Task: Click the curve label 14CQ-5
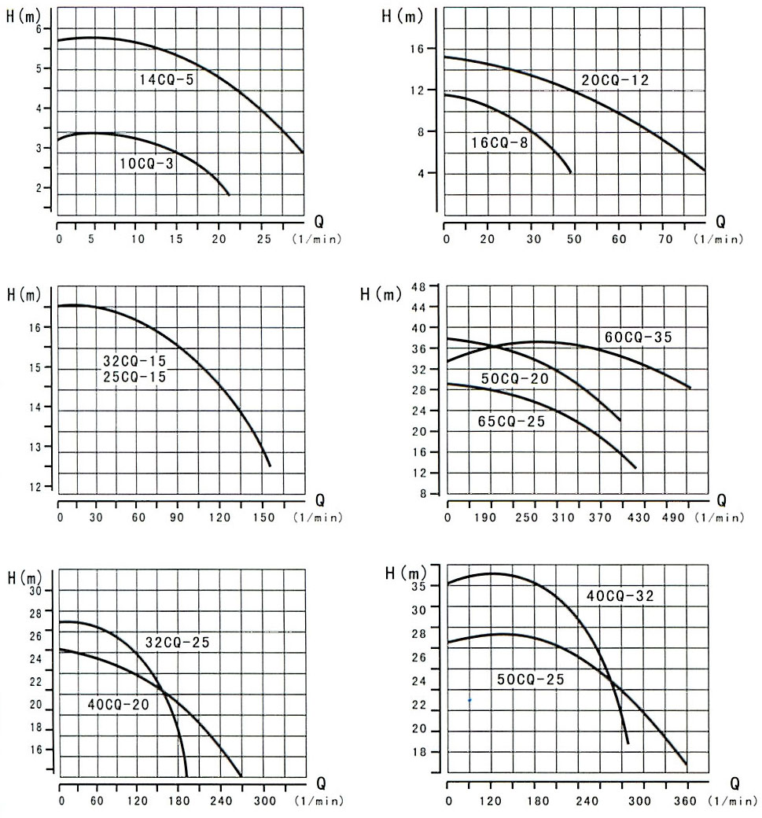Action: click(x=167, y=79)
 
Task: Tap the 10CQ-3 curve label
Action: click(x=146, y=164)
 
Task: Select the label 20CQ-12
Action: click(x=615, y=79)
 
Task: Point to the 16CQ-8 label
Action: click(x=499, y=143)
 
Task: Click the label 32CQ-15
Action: click(x=135, y=362)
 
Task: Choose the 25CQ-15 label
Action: click(x=135, y=377)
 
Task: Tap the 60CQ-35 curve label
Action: click(x=638, y=337)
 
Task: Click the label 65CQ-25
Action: click(x=511, y=420)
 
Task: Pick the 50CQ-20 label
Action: click(x=514, y=379)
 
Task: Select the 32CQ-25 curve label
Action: click(x=177, y=642)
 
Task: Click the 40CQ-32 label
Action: click(x=620, y=596)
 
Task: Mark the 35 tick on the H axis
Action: click(x=418, y=586)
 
